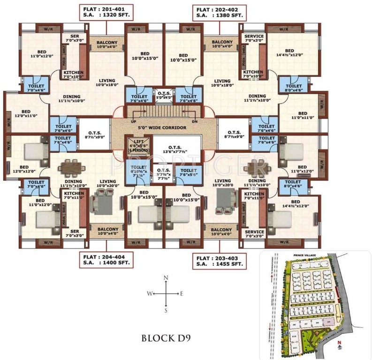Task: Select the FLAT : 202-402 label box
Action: pos(219,12)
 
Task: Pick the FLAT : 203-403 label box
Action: pos(219,260)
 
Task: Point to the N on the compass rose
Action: pos(166,278)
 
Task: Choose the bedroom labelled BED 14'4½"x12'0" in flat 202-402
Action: pos(289,53)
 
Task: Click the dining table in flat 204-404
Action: pos(70,166)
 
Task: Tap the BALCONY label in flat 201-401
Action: pos(107,44)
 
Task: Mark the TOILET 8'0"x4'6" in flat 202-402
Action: pos(293,89)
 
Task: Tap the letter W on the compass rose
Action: pos(149,294)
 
